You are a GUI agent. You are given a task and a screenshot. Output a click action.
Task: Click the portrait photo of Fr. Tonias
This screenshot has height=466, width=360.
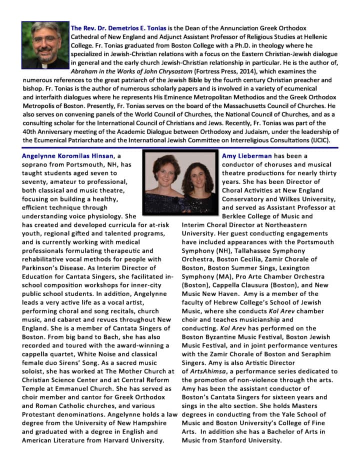pos(45,45)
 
